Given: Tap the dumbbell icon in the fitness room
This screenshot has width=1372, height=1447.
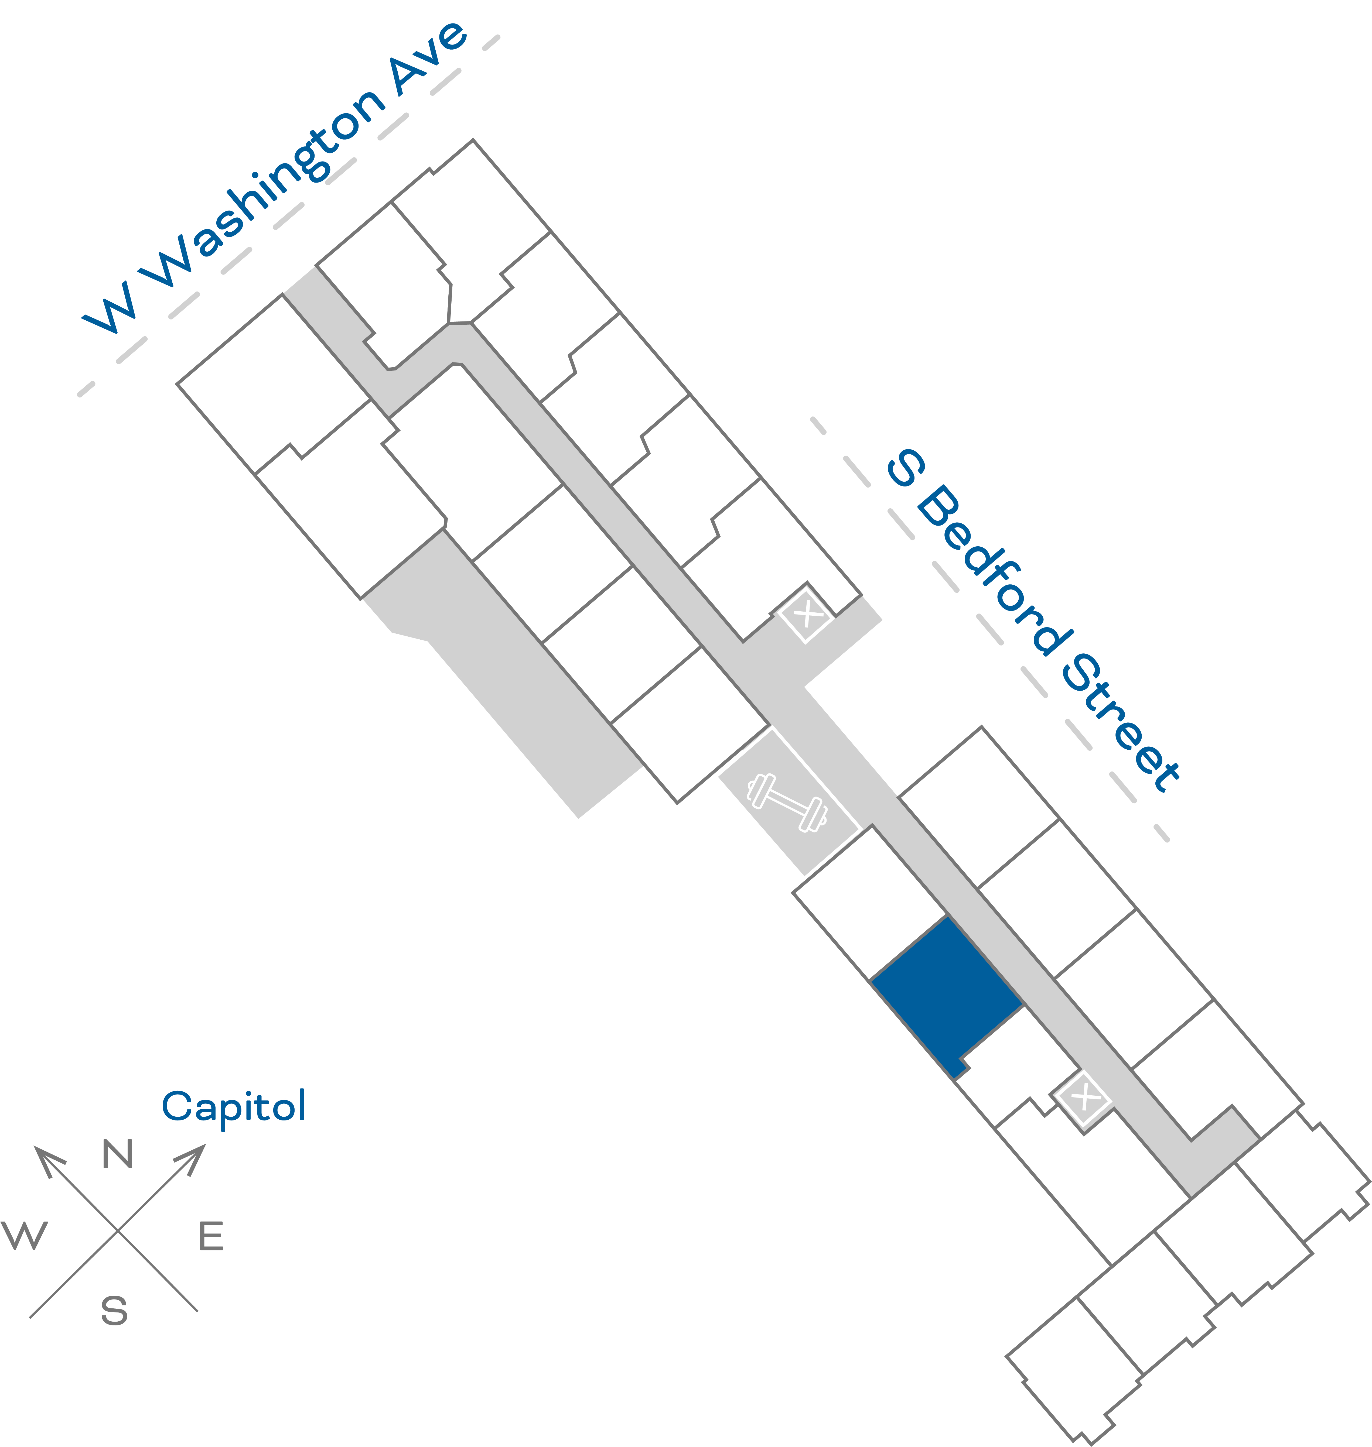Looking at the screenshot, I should (x=787, y=802).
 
